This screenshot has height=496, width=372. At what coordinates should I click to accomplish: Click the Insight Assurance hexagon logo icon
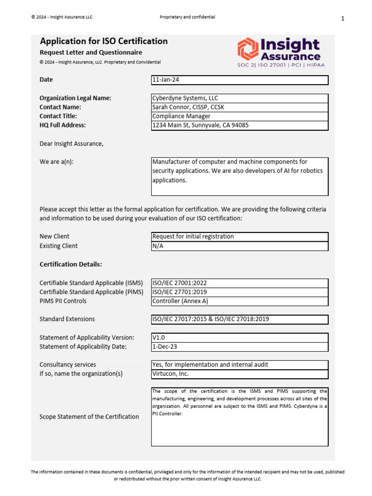click(x=248, y=49)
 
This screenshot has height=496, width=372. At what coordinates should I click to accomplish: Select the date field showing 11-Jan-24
click(x=240, y=80)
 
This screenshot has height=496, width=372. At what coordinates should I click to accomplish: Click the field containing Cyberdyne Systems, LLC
click(x=240, y=98)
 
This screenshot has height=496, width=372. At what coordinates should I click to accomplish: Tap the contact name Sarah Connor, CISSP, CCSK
click(x=240, y=107)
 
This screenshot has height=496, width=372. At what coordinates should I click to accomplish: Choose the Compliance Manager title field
click(x=240, y=116)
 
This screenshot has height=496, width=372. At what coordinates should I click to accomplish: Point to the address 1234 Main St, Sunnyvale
click(x=240, y=125)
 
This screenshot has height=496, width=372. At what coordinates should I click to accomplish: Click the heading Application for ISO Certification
click(x=104, y=41)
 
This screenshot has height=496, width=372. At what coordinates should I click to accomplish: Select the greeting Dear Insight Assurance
click(x=71, y=143)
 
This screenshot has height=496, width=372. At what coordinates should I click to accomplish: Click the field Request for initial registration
click(x=240, y=236)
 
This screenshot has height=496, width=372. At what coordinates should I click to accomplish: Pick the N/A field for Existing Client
click(x=240, y=246)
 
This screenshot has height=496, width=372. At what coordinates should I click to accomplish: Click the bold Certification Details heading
click(x=71, y=264)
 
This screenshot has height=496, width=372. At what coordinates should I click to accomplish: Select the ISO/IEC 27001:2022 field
click(x=240, y=283)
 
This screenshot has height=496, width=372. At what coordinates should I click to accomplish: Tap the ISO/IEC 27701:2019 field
click(x=240, y=292)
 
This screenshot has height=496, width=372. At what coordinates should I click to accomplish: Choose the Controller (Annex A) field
click(x=240, y=301)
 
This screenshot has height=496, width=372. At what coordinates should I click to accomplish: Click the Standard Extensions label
click(x=67, y=319)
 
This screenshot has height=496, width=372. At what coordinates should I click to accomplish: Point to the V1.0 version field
click(x=240, y=338)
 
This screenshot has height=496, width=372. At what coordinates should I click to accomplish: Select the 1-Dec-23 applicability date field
click(x=240, y=347)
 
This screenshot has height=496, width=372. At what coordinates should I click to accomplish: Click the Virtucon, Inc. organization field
click(x=240, y=374)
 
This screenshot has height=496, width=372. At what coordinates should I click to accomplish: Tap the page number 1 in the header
click(x=342, y=19)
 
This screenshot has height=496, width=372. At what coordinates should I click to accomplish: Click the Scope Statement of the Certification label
click(x=89, y=417)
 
